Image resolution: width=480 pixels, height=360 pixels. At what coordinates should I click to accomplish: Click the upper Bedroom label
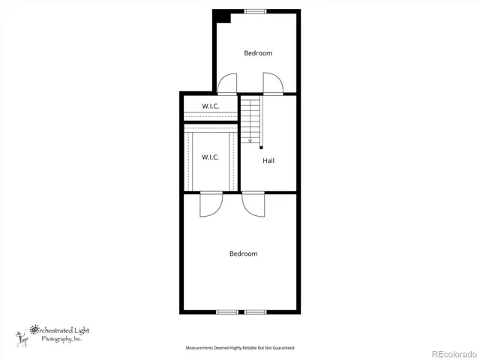pos(258,53)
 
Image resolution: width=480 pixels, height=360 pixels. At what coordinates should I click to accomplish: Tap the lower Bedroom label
pos(243,253)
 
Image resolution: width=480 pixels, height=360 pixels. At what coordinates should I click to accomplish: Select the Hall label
pos(268,160)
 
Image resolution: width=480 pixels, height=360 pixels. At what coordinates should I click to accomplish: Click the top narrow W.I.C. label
pos(210,106)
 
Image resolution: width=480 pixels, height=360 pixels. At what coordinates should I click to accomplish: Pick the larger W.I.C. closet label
pos(210,157)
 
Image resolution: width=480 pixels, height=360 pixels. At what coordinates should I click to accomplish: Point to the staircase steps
pos(250,120)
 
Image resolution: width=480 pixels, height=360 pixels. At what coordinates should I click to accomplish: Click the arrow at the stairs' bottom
pos(250,139)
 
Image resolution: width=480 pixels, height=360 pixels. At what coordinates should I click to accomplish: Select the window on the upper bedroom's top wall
pos(255,10)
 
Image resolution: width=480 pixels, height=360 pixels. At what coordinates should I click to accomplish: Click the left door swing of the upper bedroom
pos(227,83)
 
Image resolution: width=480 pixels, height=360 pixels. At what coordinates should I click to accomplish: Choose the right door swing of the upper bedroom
pos(272,83)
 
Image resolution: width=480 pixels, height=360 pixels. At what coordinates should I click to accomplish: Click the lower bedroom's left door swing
pos(211,205)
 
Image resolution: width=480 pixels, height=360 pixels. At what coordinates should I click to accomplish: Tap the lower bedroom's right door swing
pos(253,205)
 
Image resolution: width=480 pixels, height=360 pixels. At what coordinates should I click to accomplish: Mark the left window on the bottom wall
pos(227,311)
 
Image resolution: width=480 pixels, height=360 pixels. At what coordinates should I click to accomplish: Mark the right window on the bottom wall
pos(255,311)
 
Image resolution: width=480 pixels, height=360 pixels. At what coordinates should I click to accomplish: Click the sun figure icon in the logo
pos(20,335)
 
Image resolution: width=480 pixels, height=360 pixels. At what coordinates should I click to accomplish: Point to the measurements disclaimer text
pos(240,348)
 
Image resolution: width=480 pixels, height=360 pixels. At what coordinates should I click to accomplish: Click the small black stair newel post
pos(261,148)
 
